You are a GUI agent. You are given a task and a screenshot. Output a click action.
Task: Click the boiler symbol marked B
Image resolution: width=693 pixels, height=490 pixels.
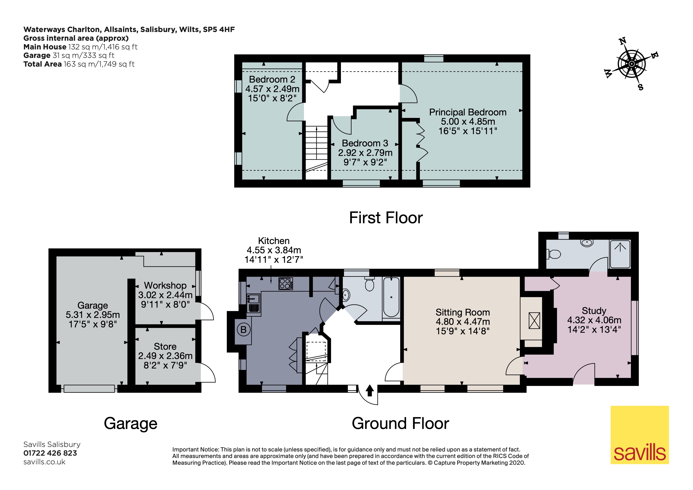[x=243, y=330]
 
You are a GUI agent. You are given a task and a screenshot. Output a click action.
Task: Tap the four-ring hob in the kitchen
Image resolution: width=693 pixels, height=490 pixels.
[x=285, y=284]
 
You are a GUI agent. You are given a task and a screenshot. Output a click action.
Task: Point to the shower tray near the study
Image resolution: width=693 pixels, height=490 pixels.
[x=620, y=254]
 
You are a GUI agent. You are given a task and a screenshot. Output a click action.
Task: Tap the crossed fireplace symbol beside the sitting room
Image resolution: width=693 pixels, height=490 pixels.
[x=534, y=321]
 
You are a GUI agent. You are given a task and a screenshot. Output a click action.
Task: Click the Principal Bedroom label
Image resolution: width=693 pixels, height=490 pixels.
[x=468, y=112]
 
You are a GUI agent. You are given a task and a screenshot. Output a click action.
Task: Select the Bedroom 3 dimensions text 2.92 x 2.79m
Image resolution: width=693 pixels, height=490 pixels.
[x=365, y=153]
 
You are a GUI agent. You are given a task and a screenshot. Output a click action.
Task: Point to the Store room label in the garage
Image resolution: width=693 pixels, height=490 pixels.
[x=165, y=346]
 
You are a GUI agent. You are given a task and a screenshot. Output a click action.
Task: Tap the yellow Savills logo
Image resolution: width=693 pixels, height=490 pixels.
[x=639, y=435]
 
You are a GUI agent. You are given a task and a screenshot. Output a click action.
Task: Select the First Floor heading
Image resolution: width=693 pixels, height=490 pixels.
[x=386, y=218]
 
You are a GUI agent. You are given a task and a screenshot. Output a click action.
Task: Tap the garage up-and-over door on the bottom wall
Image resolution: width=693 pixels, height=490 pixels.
[x=89, y=389]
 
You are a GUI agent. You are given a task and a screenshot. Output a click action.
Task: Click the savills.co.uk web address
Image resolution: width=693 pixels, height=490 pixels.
[x=44, y=462]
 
